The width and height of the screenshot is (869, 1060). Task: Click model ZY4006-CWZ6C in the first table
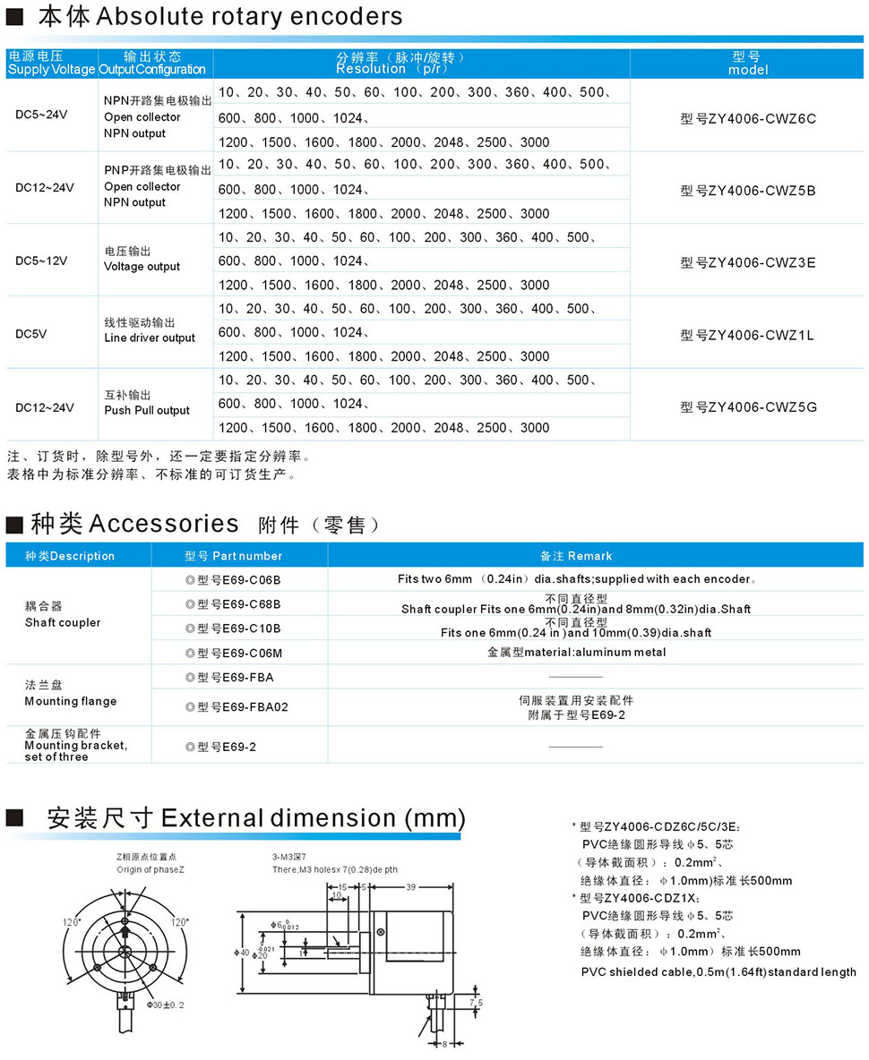pyautogui.click(x=748, y=118)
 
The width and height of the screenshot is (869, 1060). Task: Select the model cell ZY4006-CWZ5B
pyautogui.click(x=748, y=190)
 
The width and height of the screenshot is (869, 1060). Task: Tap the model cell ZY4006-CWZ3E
pyautogui.click(x=748, y=262)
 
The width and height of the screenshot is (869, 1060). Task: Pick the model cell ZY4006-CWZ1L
pyautogui.click(x=748, y=335)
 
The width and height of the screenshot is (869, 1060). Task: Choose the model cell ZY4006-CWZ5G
pyautogui.click(x=748, y=406)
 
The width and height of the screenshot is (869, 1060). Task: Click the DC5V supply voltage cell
pyautogui.click(x=31, y=333)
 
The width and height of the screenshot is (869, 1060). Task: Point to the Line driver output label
pyautogui.click(x=150, y=338)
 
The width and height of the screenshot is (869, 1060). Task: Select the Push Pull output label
pyautogui.click(x=147, y=410)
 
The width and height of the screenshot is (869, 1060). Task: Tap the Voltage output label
pyautogui.click(x=142, y=266)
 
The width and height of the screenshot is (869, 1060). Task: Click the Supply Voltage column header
pyautogui.click(x=51, y=69)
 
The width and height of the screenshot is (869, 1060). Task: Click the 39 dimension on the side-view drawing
pyautogui.click(x=410, y=886)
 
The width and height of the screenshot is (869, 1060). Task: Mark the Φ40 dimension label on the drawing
pyautogui.click(x=245, y=951)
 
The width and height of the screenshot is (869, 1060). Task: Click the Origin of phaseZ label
pyautogui.click(x=153, y=869)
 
